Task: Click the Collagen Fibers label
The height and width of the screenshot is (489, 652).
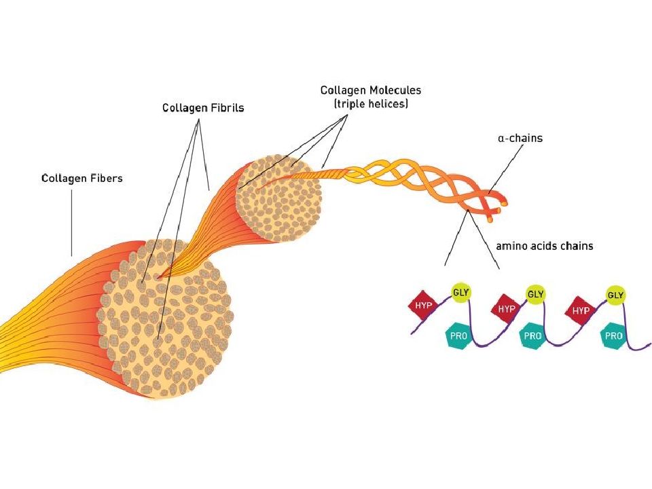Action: pyautogui.click(x=81, y=179)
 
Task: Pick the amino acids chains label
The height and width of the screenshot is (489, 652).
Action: pyautogui.click(x=544, y=246)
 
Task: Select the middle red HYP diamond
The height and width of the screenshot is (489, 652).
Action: pyautogui.click(x=506, y=308)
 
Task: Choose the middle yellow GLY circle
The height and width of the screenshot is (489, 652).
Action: pyautogui.click(x=536, y=294)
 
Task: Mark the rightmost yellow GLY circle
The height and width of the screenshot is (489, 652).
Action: pyautogui.click(x=615, y=295)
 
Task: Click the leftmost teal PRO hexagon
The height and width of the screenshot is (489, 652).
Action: pyautogui.click(x=458, y=336)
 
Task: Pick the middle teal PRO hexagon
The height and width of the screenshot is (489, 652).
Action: pyautogui.click(x=533, y=336)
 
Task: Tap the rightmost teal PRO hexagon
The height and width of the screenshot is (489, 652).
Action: pyautogui.click(x=614, y=336)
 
